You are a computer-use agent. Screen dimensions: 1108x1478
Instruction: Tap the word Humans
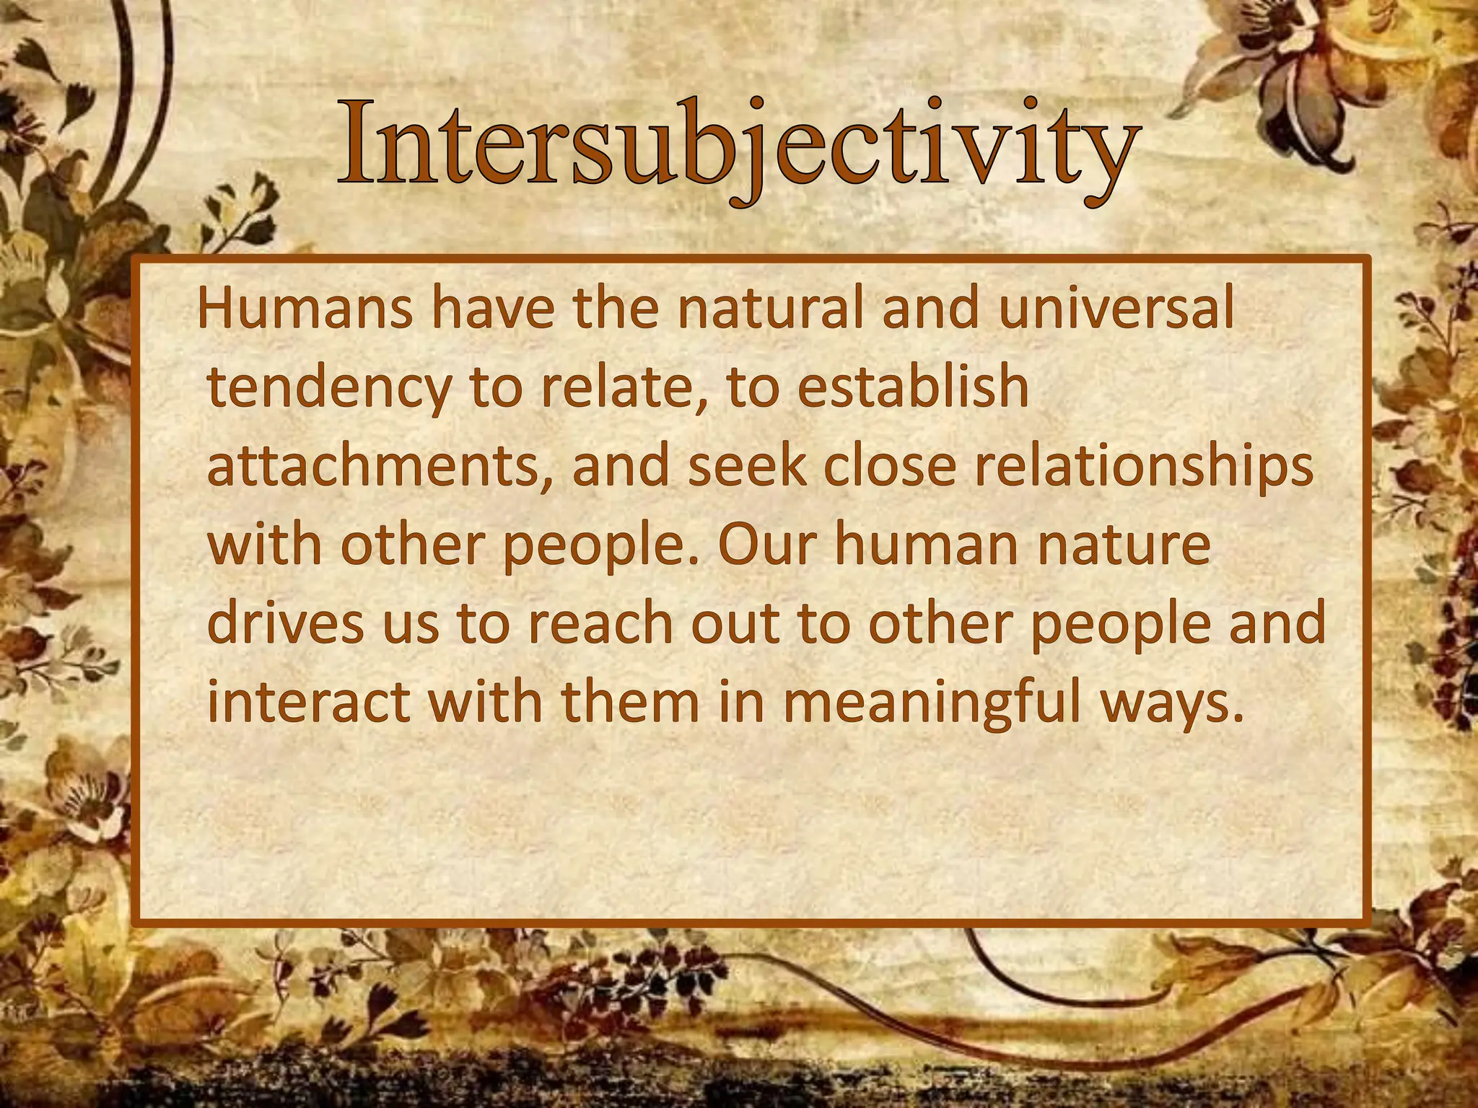[x=305, y=309]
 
